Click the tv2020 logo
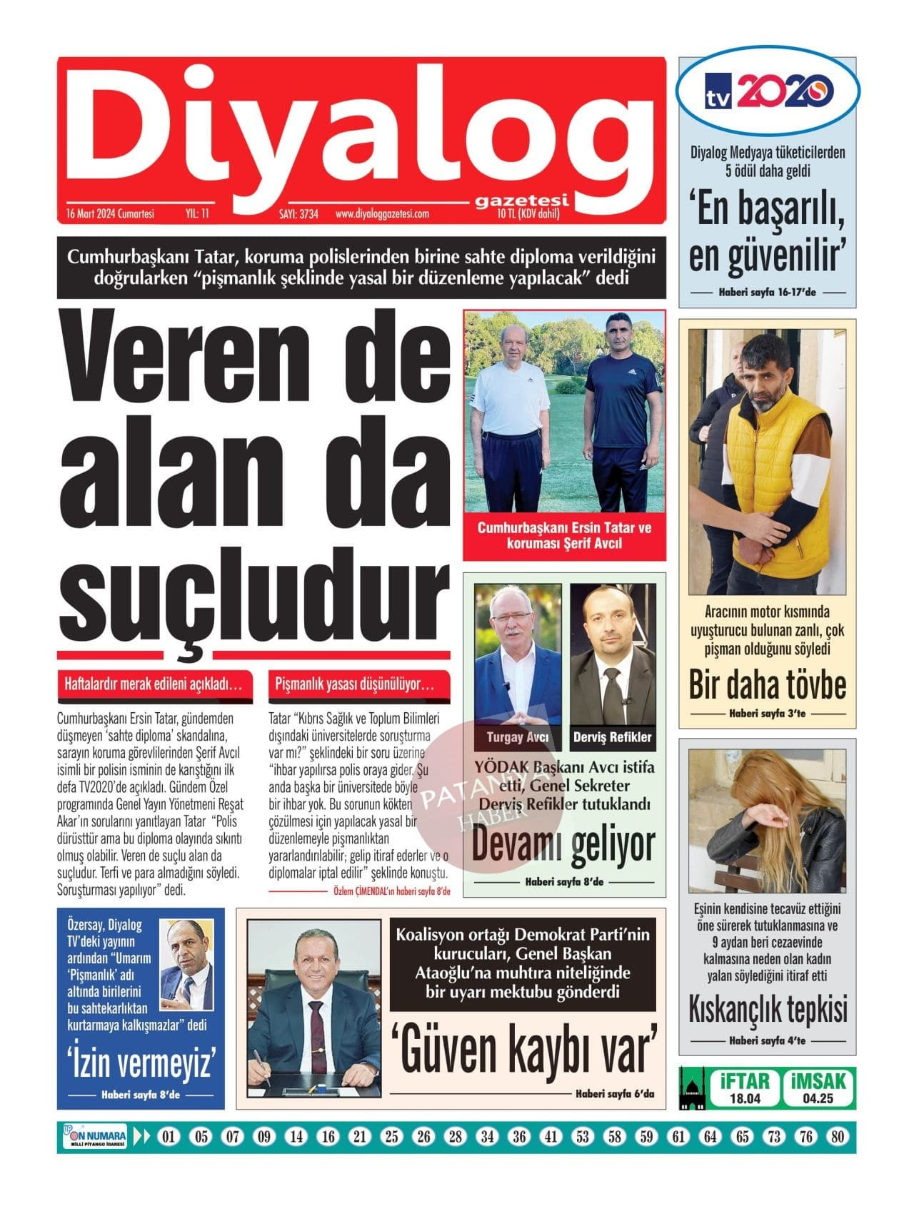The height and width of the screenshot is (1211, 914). pos(767,91)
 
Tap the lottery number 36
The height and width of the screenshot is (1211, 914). pos(519,1137)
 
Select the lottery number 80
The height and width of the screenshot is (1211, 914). pos(838,1137)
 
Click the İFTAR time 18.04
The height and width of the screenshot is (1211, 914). pos(745,1099)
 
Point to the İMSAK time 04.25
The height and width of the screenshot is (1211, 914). pos(818,1099)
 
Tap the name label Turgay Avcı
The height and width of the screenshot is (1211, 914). pos(518,737)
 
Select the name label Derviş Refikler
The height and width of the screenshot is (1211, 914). pos(613,737)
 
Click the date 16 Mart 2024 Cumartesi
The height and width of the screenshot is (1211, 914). pos(110,213)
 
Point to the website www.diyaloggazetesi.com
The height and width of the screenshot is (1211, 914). pos(382,213)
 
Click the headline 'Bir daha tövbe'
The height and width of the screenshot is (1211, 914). pos(768,684)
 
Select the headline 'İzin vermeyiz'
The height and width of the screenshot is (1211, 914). pos(141,1063)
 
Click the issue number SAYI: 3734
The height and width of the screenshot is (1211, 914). pos(298,213)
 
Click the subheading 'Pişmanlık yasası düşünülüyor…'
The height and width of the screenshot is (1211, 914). pos(355,684)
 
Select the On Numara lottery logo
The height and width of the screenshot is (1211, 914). pos(95,1137)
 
